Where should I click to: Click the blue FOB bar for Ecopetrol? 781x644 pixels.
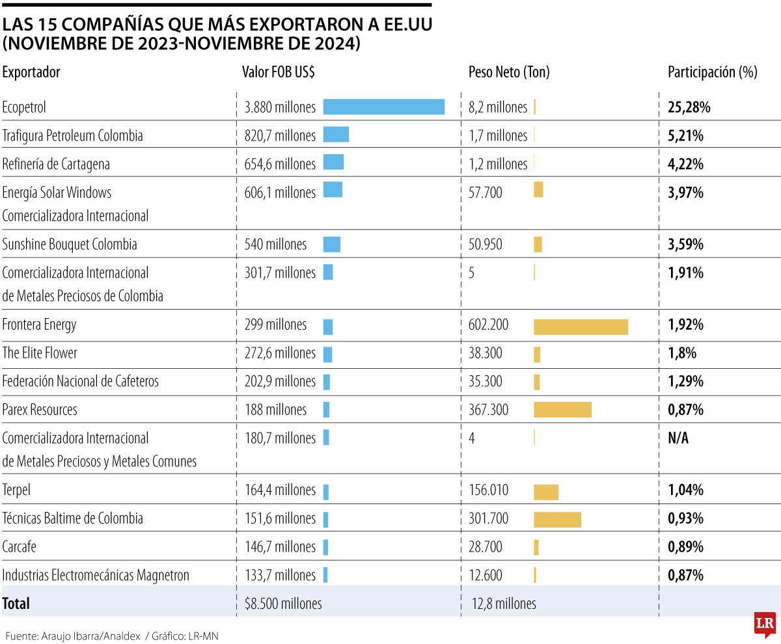[x=383, y=107]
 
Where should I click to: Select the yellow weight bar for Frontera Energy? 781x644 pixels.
[x=581, y=327]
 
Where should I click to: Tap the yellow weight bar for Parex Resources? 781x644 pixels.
[x=562, y=409]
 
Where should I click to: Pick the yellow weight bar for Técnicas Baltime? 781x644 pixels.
[x=557, y=519]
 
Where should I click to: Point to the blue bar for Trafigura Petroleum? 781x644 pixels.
[x=336, y=135]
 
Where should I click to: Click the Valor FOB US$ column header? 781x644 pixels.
[x=278, y=72]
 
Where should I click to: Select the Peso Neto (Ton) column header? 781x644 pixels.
[x=509, y=72]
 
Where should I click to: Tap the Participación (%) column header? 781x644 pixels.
[x=712, y=72]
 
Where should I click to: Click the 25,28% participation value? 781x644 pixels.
[x=689, y=107]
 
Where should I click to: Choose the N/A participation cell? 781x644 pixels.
[x=678, y=438]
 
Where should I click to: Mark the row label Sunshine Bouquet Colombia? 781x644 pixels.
[x=70, y=245]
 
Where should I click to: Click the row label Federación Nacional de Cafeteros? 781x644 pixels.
[x=81, y=381]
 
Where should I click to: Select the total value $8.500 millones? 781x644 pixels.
[x=283, y=604]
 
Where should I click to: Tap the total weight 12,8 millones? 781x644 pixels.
[x=504, y=604]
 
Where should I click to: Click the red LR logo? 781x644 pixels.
[x=764, y=624]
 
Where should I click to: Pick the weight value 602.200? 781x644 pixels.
[x=489, y=325]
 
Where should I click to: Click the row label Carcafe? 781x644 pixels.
[x=20, y=546]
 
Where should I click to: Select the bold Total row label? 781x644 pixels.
[x=16, y=603]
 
